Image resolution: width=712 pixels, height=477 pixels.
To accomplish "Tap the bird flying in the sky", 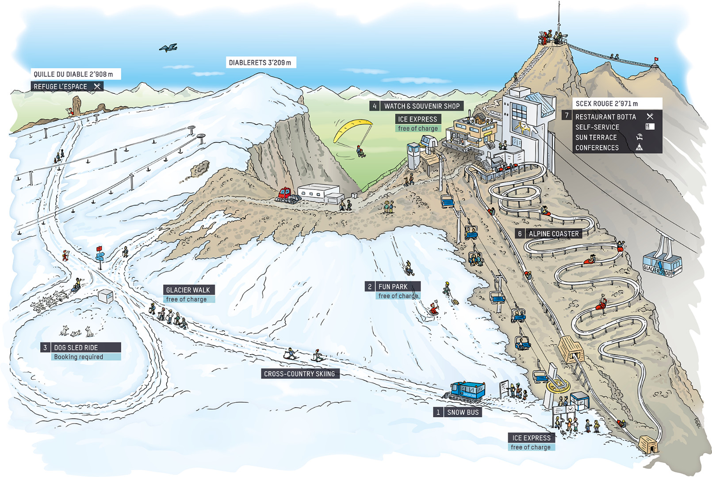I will pos(168,48).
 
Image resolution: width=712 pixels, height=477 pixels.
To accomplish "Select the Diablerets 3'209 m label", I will pos(260,63).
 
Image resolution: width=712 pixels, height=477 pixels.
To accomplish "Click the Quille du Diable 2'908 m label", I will pos(74,74).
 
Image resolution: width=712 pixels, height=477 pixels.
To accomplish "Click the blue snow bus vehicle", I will pos(467,391).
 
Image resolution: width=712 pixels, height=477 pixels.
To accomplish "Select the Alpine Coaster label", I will pos(553,234).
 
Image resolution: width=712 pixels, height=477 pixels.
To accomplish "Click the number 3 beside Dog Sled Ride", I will pos(45,348).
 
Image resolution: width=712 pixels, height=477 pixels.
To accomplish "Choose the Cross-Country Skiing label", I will pos(299,374).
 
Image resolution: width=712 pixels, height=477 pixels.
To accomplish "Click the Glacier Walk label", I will pos(188,290).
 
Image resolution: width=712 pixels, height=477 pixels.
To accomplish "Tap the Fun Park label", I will pos(393,286).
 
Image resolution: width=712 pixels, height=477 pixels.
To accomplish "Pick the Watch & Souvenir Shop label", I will pos(421,106).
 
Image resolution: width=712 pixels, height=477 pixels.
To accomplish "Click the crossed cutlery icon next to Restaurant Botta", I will pos(650,117).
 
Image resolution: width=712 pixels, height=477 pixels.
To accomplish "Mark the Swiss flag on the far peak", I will pos(656,59).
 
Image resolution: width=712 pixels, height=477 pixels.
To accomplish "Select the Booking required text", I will pos(79,357).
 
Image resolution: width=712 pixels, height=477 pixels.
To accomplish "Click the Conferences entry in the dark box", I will pos(597,148).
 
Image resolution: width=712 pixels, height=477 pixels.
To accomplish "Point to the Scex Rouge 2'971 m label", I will pos(607,103).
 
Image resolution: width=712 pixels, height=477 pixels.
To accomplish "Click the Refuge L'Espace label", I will pos(61,87).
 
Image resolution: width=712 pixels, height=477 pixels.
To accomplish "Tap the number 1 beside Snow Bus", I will pos(438,412).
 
